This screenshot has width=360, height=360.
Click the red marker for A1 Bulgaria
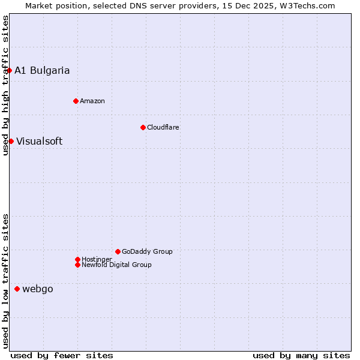pyautogui.click(x=9, y=70)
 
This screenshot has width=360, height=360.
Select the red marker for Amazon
pyautogui.click(x=76, y=101)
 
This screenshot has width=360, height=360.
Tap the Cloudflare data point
pyautogui.click(x=143, y=127)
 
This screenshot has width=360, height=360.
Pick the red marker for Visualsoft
pyautogui.click(x=11, y=141)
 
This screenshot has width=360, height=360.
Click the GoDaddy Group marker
pyautogui.click(x=118, y=251)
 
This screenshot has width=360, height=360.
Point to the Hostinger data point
pyautogui.click(x=77, y=259)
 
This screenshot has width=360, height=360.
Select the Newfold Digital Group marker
pyautogui.click(x=77, y=265)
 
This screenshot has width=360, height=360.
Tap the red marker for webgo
pyautogui.click(x=17, y=289)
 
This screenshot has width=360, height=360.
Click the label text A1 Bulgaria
pyautogui.click(x=42, y=70)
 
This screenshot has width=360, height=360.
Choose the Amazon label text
pyautogui.click(x=92, y=101)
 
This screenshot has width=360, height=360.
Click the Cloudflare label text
pyautogui.click(x=163, y=127)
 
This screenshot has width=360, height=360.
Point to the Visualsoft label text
pyautogui.click(x=39, y=142)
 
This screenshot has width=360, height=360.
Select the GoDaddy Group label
pyautogui.click(x=147, y=251)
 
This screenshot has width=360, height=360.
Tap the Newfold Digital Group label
pyautogui.click(x=116, y=265)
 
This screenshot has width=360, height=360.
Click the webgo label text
pyautogui.click(x=38, y=289)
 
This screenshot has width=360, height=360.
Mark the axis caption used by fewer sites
pyautogui.click(x=62, y=355)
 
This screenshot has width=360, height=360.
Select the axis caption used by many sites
pyautogui.click(x=301, y=355)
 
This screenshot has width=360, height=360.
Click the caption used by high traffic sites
pyautogui.click(x=5, y=85)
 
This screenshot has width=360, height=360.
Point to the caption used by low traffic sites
pyautogui.click(x=5, y=280)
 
